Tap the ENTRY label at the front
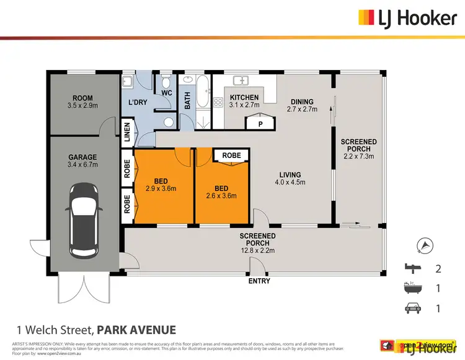(x=259, y=281)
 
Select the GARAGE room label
(x=82, y=161)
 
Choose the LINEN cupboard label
(x=127, y=133)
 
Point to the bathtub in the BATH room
(x=202, y=102)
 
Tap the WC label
(x=166, y=94)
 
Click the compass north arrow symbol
(x=425, y=245)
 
